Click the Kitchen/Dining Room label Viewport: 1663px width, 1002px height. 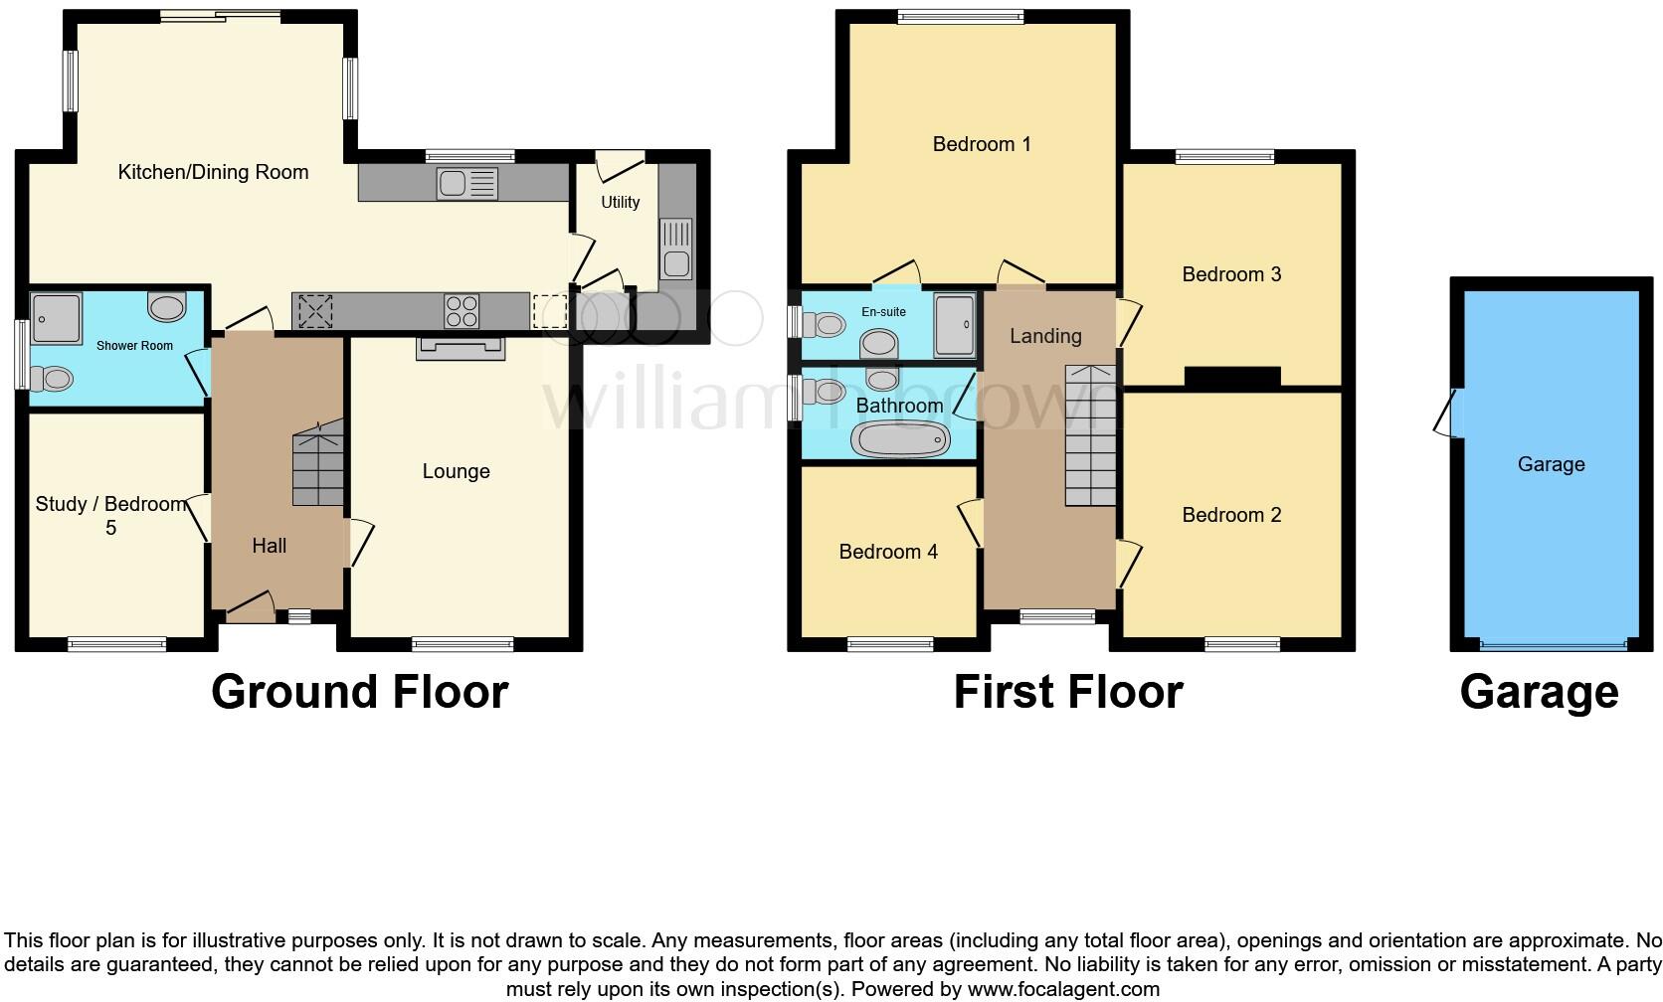(x=213, y=172)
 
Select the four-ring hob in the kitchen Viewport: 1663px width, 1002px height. (x=462, y=311)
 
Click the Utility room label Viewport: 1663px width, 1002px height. (x=620, y=202)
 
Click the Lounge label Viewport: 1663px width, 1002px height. (x=456, y=471)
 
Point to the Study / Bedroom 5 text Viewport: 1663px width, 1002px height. (x=110, y=515)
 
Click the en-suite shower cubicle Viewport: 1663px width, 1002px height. (x=954, y=324)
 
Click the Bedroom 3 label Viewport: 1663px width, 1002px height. (x=1230, y=274)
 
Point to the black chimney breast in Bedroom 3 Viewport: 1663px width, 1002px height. (x=1232, y=377)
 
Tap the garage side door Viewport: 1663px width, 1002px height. (x=1448, y=413)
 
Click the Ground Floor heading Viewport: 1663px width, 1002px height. (x=359, y=692)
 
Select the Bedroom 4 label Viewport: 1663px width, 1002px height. (x=887, y=552)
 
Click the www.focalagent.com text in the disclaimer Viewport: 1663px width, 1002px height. (x=1063, y=989)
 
